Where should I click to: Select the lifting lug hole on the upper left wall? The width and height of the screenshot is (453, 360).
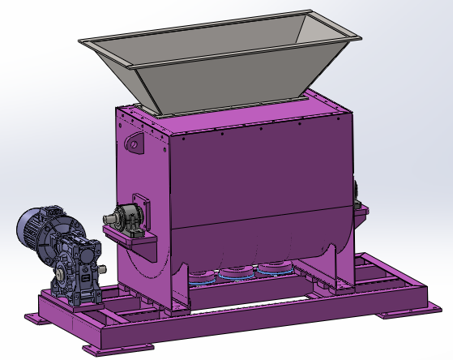tap(132, 145)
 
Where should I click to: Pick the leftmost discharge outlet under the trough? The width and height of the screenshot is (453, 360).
tap(208, 274)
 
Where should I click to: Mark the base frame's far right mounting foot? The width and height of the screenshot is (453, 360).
tap(434, 307)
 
